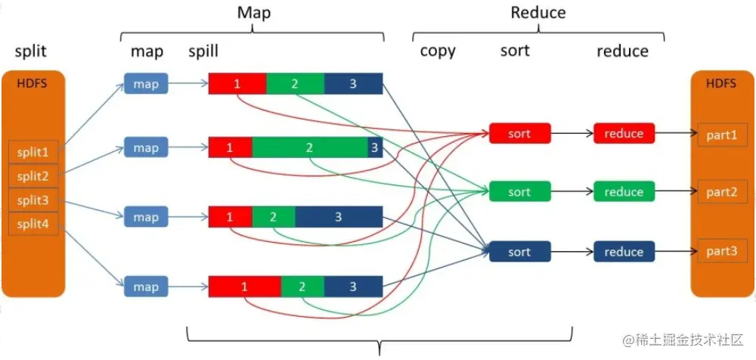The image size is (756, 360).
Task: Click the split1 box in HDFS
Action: (x=33, y=152)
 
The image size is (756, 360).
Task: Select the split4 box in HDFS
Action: (x=33, y=224)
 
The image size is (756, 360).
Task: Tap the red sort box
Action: (x=519, y=133)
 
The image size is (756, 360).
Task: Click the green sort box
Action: (x=519, y=192)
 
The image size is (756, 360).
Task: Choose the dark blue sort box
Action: (x=519, y=252)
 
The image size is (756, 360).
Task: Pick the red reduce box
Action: (x=624, y=133)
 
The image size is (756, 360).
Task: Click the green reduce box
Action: (x=624, y=192)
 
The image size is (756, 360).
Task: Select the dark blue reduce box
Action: (x=624, y=252)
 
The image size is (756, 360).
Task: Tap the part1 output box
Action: (x=721, y=134)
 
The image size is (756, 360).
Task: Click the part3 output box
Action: (x=721, y=250)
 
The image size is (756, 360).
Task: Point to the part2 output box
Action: (x=721, y=192)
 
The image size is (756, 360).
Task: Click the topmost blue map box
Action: (x=146, y=84)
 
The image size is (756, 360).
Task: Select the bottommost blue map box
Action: (x=146, y=287)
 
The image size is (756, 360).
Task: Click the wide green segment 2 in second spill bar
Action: (x=310, y=147)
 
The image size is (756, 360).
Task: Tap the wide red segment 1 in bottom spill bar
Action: (x=244, y=287)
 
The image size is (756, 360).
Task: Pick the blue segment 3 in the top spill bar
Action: (x=353, y=83)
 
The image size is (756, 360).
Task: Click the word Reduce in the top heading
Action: (x=538, y=13)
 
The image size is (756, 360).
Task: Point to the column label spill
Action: (x=203, y=51)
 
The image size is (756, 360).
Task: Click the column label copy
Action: (x=438, y=51)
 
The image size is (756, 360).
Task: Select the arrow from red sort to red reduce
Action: (x=572, y=134)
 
